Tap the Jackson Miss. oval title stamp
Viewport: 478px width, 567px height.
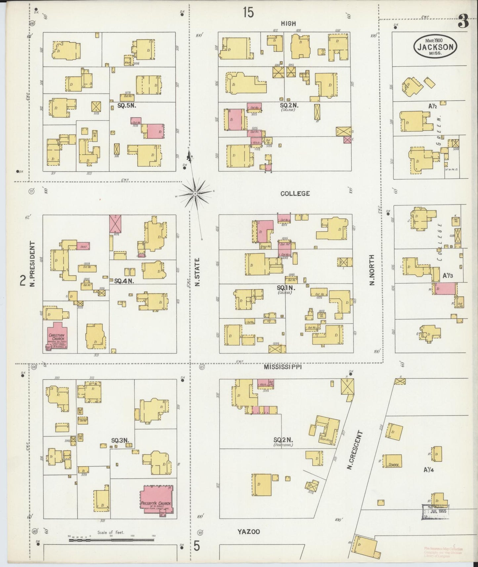click(435, 47)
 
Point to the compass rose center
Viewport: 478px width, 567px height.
click(196, 193)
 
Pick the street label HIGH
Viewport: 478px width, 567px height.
click(288, 23)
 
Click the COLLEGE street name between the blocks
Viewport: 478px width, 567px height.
click(295, 194)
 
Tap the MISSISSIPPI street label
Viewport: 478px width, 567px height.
click(282, 367)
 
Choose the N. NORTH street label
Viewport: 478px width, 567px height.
click(372, 270)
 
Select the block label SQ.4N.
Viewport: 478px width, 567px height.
click(124, 281)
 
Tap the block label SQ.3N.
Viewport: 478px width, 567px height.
click(120, 440)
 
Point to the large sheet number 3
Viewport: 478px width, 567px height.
click(463, 22)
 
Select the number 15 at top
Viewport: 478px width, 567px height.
click(248, 13)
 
